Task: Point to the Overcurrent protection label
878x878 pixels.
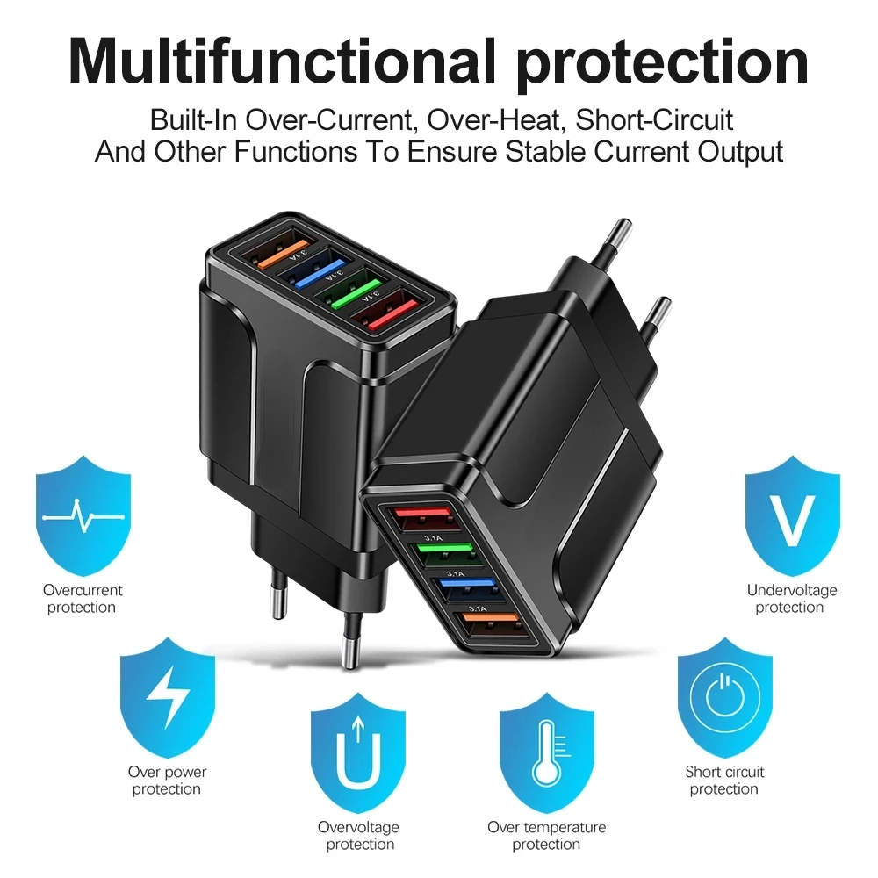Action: point(83,599)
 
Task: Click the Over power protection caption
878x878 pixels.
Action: point(167,781)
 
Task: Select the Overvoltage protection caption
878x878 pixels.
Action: point(359,836)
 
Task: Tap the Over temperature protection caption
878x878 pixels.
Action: point(546,836)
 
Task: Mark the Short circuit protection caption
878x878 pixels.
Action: point(724,781)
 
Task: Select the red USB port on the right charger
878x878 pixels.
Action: point(422,519)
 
